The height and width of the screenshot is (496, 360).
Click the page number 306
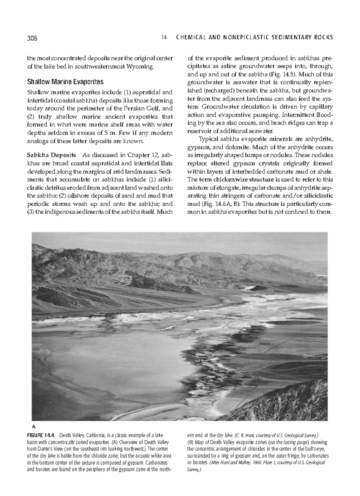[32, 38]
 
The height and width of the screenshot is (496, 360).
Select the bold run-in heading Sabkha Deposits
[51, 155]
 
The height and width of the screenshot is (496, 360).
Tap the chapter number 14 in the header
[163, 38]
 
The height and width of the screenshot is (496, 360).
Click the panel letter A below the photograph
[34, 426]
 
